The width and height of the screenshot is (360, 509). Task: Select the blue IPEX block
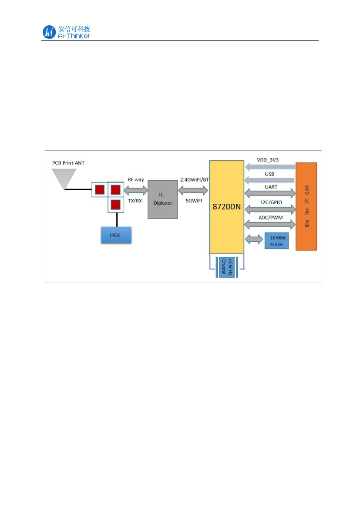click(116, 235)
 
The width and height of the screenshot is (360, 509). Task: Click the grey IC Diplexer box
click(163, 199)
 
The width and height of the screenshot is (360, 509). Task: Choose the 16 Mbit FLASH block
click(276, 241)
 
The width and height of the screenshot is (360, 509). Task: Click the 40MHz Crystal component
click(227, 266)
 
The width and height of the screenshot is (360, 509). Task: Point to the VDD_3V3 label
click(268, 160)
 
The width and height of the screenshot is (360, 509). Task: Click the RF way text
click(136, 179)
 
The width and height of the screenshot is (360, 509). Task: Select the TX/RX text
click(135, 201)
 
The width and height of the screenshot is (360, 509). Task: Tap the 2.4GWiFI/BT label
click(194, 179)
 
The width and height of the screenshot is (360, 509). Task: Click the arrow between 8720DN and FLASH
click(255, 239)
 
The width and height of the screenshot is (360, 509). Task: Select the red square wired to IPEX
click(115, 204)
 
